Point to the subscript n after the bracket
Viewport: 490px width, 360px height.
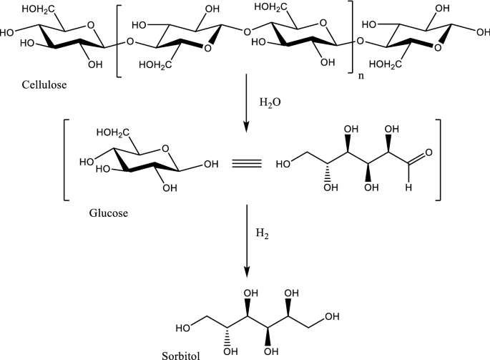361,72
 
